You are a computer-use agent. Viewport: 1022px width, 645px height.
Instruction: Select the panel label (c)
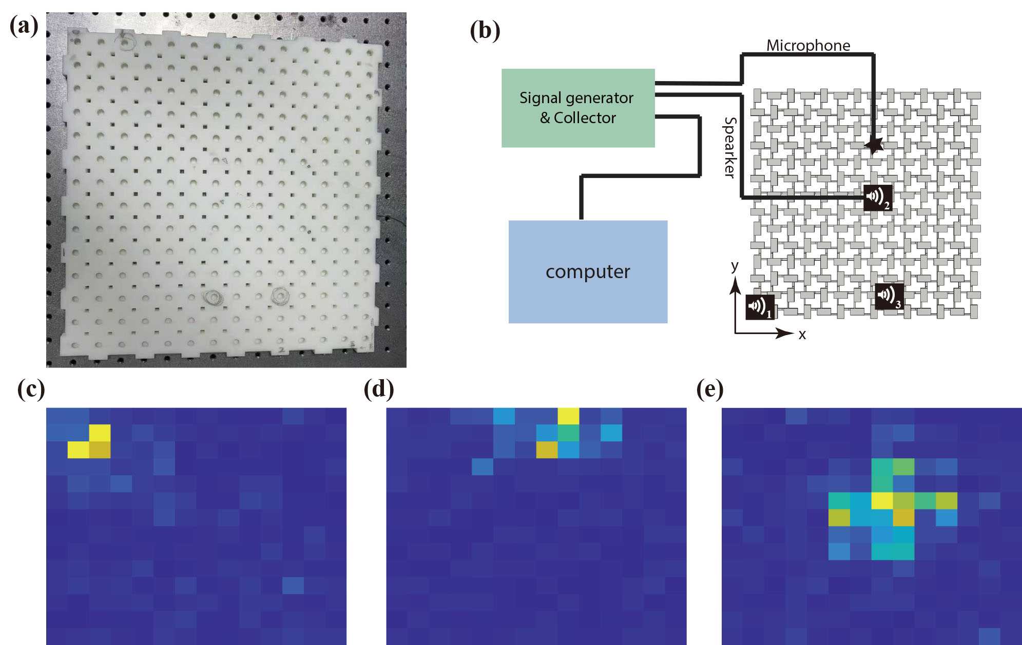(31, 390)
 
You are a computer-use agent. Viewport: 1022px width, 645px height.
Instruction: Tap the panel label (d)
(379, 390)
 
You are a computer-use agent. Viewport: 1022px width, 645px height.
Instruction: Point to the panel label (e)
(710, 390)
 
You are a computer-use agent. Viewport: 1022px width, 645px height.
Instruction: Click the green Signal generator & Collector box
(577, 108)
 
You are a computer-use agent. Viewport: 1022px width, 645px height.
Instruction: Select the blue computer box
(588, 271)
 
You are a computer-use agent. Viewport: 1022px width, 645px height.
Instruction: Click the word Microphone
(808, 46)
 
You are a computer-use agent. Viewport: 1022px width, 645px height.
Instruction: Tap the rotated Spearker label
(729, 148)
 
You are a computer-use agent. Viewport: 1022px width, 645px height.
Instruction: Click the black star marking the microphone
(873, 146)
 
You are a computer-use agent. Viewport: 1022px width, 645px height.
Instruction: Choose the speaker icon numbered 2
(877, 197)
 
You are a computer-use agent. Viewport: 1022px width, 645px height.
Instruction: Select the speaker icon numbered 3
(889, 296)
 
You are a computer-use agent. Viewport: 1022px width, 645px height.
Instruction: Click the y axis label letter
(735, 265)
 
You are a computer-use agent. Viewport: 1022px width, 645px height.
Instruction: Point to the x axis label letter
(802, 335)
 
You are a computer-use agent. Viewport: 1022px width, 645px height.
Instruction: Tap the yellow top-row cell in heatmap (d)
(568, 416)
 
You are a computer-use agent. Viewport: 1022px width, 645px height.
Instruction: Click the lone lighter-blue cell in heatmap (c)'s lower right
(293, 585)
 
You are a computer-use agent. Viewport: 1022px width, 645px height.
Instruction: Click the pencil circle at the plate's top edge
(125, 42)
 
